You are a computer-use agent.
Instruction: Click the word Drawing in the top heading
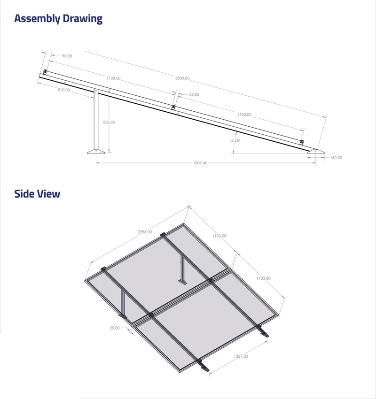pyautogui.click(x=83, y=19)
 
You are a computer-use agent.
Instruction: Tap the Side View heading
pyautogui.click(x=37, y=193)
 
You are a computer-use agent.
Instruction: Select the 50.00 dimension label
pyautogui.click(x=67, y=56)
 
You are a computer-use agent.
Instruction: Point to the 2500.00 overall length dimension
pyautogui.click(x=182, y=78)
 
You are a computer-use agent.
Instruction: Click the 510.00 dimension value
pyautogui.click(x=63, y=90)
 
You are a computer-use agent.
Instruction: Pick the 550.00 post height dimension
pyautogui.click(x=109, y=122)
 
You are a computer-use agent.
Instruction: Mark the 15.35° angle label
pyautogui.click(x=235, y=140)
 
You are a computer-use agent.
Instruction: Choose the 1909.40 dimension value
pyautogui.click(x=200, y=163)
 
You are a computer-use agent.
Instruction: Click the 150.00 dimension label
pyautogui.click(x=336, y=158)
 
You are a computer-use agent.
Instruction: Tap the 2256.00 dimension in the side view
pyautogui.click(x=145, y=232)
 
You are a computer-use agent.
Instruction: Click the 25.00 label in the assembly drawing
pyautogui.click(x=194, y=94)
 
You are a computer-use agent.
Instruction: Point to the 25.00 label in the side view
pyautogui.click(x=114, y=328)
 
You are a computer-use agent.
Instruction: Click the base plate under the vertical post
pyautogui.click(x=97, y=151)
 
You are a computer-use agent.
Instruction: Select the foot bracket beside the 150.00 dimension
pyautogui.click(x=315, y=151)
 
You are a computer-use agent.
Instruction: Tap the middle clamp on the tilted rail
pyautogui.click(x=173, y=107)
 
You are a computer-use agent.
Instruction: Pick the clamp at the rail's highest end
pyautogui.click(x=45, y=72)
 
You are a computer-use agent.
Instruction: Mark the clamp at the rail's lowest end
pyautogui.click(x=302, y=142)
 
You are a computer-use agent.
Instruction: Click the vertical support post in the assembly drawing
pyautogui.click(x=96, y=120)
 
